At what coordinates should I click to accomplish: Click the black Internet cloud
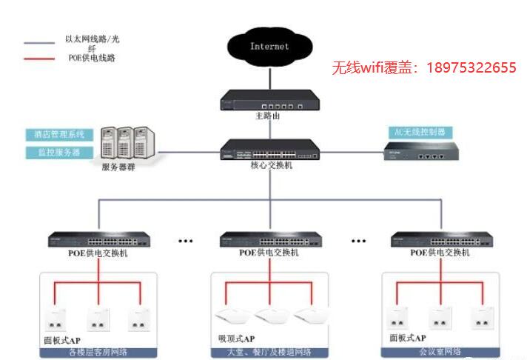click(269, 47)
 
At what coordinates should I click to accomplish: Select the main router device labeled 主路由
click(269, 99)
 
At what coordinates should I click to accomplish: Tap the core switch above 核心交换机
click(269, 150)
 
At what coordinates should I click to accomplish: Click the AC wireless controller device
click(420, 153)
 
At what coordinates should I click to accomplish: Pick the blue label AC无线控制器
click(420, 132)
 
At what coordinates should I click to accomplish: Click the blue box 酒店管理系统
click(58, 135)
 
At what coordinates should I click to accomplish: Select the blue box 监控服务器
click(58, 152)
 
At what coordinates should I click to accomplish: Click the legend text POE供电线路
click(90, 58)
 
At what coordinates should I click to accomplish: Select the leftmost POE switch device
click(99, 239)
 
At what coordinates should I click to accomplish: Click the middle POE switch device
click(269, 239)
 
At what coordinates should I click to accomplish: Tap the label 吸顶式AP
click(235, 338)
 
